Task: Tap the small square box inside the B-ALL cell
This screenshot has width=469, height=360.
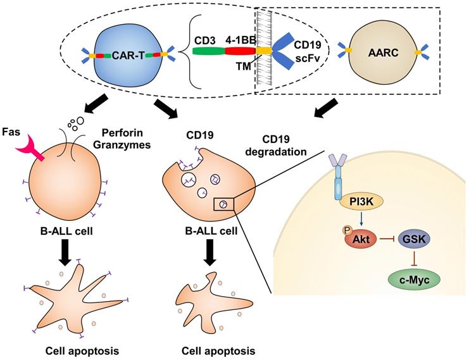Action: [223, 202]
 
